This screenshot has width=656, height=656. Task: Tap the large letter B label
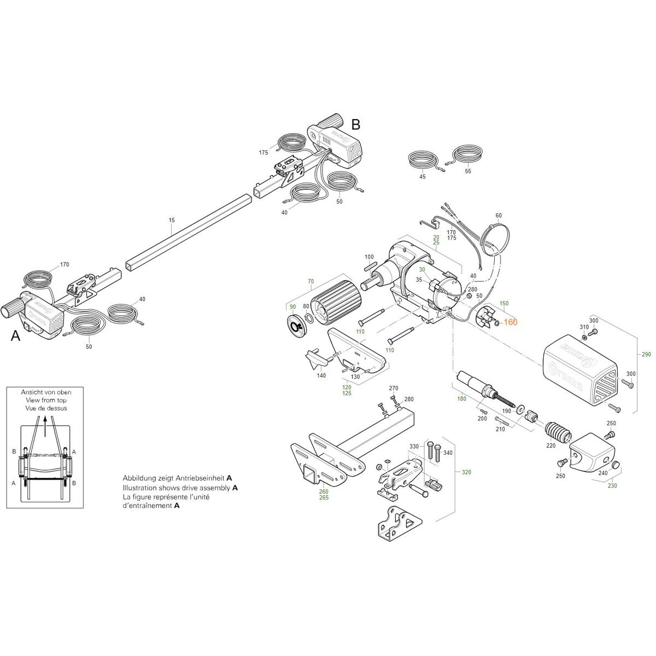tap(355, 125)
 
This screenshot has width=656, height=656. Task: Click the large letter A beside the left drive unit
tap(16, 336)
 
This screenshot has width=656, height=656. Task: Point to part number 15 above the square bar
tap(172, 220)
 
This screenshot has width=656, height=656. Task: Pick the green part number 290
tap(646, 355)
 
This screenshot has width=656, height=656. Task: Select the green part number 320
tap(466, 472)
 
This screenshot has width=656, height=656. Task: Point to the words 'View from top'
tap(46, 400)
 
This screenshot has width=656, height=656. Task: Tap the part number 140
tap(321, 376)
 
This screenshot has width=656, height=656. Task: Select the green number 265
tap(324, 498)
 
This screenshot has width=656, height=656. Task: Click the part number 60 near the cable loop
tap(498, 216)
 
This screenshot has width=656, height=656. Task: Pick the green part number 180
tap(462, 399)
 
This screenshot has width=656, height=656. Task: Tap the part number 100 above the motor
tap(369, 257)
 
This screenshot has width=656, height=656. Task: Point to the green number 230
tap(612, 485)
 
